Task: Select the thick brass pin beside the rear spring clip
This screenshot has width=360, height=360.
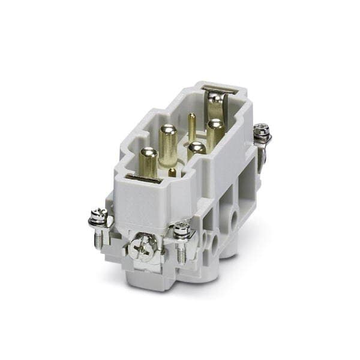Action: pos(214,133)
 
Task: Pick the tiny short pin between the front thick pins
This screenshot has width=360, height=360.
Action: pos(173,172)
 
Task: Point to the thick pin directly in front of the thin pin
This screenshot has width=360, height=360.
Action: pos(194,152)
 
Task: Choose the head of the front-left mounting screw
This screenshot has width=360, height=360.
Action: pos(98,216)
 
